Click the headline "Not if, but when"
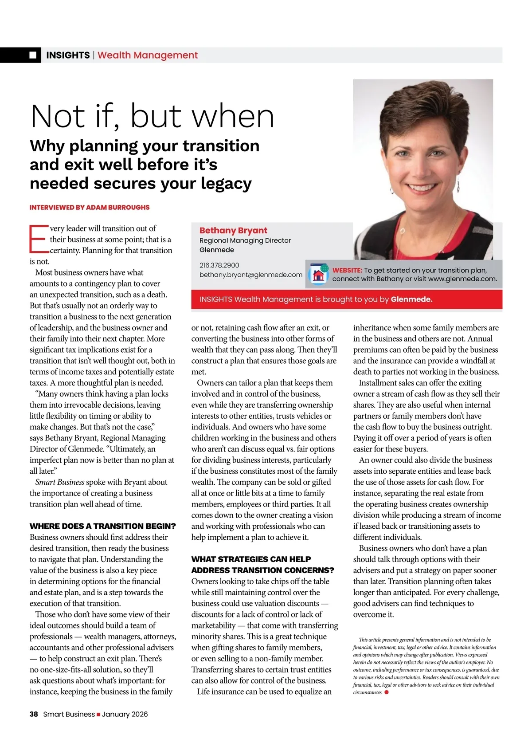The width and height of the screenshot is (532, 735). (153, 117)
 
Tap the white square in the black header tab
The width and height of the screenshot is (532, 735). (33, 55)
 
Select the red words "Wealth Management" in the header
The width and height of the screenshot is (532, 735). (148, 55)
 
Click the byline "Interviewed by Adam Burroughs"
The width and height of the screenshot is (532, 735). (90, 207)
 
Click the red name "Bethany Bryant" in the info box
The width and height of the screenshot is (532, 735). (233, 230)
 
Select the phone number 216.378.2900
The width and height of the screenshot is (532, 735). (219, 265)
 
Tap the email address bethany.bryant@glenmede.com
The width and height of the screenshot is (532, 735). (251, 275)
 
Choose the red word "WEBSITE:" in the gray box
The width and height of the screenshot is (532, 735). (347, 270)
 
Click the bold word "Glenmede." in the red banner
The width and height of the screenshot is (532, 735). (411, 299)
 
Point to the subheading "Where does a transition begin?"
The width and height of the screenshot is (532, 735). (103, 526)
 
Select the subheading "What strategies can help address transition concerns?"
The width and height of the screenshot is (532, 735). (262, 565)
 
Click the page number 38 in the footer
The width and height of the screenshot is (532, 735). (34, 714)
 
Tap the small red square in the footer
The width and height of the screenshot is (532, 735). (98, 715)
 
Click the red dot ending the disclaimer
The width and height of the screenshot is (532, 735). (387, 692)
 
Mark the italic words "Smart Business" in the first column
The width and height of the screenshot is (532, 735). (60, 482)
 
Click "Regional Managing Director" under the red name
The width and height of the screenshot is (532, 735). (245, 240)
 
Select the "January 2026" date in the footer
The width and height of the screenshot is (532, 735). (125, 714)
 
